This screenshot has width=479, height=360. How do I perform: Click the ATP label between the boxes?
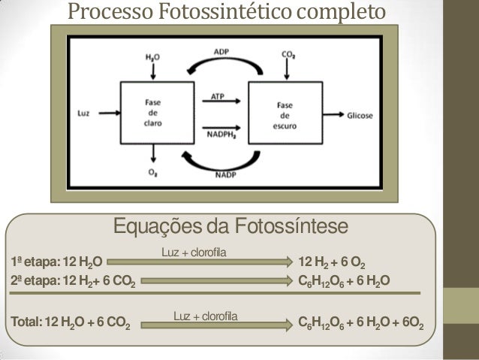pyautogui.click(x=217, y=97)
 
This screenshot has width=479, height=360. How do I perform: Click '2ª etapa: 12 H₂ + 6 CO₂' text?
pyautogui.click(x=71, y=282)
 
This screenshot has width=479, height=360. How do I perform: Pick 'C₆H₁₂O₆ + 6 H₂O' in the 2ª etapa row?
pyautogui.click(x=343, y=282)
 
